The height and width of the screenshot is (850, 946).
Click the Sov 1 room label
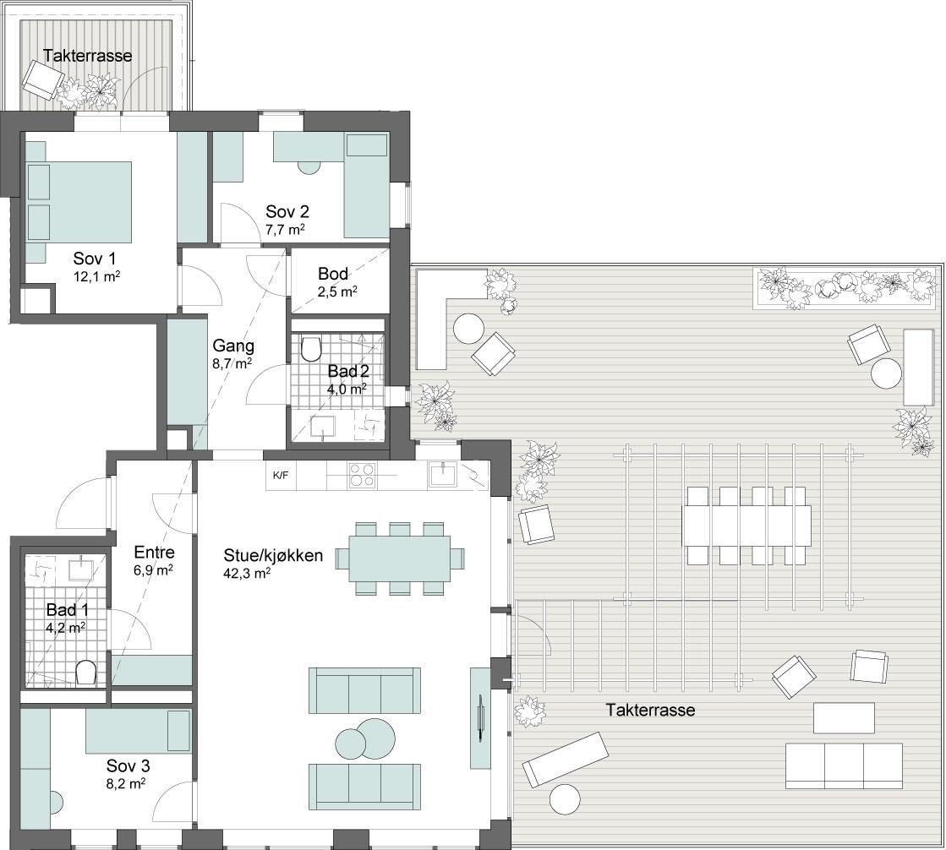point(95,259)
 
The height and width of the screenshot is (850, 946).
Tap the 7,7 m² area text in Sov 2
point(285,230)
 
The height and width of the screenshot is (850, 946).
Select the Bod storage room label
point(333,274)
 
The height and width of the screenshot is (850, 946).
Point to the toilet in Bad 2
point(311,348)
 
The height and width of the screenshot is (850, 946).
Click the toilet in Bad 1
point(86,673)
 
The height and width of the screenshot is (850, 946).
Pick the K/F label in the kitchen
point(281,475)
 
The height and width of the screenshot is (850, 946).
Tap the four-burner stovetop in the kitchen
point(362,475)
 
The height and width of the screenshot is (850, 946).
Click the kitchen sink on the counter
point(444,474)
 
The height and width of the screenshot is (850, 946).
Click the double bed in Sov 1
point(79,201)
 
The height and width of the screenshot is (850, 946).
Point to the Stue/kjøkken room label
point(273,555)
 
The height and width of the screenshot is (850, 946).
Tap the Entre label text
point(155,553)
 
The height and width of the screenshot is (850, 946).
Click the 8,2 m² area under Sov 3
point(125,784)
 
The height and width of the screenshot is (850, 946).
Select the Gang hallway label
point(232,346)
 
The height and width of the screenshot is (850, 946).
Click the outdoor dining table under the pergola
point(746,526)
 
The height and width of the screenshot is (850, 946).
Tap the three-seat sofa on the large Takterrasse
point(844,766)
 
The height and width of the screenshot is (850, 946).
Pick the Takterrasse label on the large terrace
point(650,710)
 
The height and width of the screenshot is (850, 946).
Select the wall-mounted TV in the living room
point(480,717)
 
